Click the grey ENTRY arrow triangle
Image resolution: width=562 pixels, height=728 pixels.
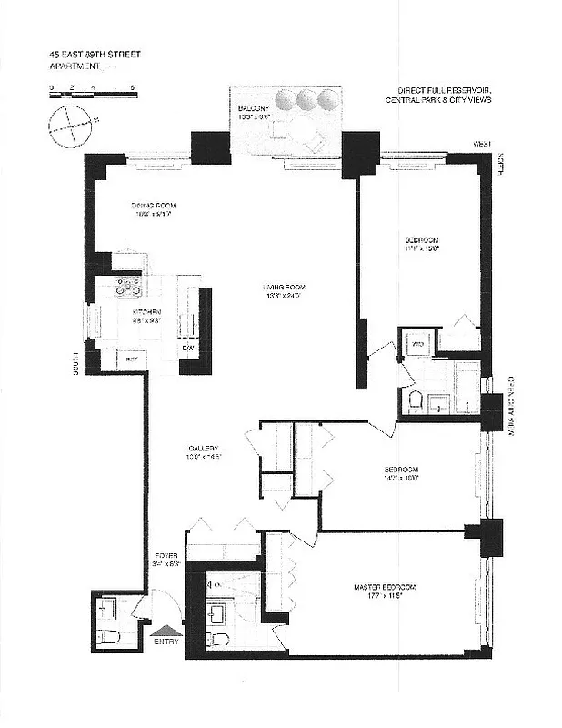(x=165, y=629)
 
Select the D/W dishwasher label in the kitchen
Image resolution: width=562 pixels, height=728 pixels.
(x=188, y=348)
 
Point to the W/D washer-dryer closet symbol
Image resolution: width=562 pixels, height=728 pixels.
(x=417, y=345)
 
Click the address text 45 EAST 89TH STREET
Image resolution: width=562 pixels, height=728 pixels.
(x=95, y=54)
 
